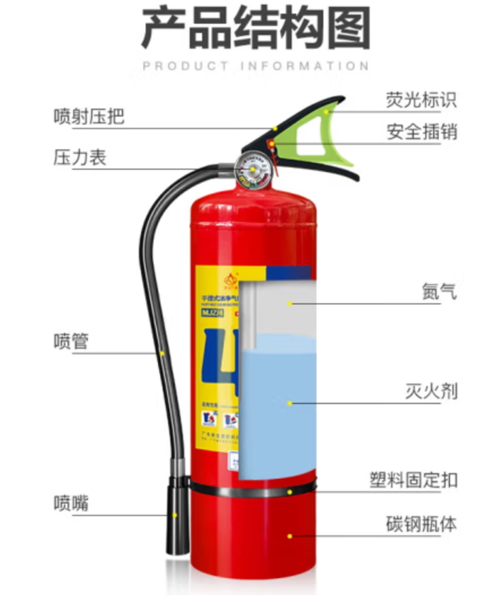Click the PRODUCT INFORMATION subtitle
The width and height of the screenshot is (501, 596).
256,66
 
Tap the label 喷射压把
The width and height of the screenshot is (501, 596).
89,117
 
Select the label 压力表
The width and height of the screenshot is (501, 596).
79,158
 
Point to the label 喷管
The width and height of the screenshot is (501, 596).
71,342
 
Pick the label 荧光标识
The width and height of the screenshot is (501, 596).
421,100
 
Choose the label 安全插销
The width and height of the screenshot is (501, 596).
421,132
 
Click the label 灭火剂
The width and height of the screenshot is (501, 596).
431,390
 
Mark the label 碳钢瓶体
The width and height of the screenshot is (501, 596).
421,524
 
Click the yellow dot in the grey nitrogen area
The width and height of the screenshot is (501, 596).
289,304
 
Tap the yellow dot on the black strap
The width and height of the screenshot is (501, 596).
289,491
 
